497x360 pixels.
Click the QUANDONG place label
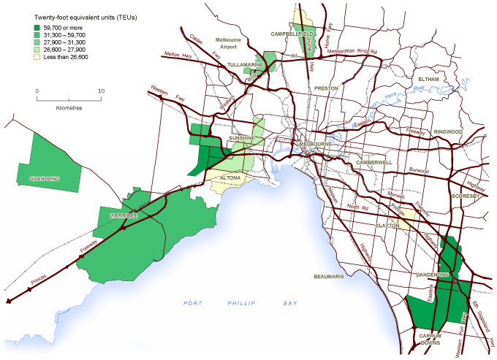pos(44,178)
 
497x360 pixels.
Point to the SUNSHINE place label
pos(240,137)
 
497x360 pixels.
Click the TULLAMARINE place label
pos(245,64)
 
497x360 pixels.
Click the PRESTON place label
pos(326,88)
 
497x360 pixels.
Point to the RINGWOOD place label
pos(449,131)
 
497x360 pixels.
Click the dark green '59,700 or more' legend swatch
pos(29,28)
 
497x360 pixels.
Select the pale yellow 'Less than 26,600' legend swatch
pos(29,60)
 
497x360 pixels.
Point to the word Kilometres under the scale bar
pos(69,107)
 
